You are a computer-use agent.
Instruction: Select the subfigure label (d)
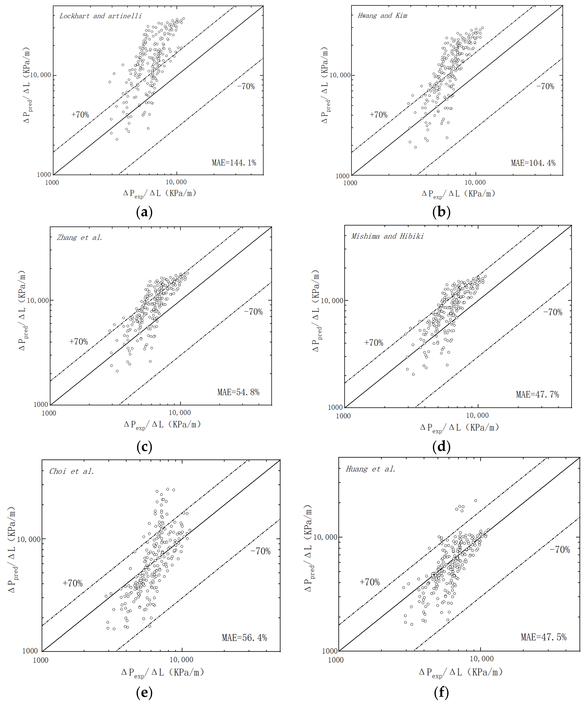coord(441,447)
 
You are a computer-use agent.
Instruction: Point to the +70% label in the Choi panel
coord(73,583)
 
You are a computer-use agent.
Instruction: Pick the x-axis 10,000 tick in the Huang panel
coord(481,659)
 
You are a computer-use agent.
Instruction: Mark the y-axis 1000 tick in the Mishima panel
coord(335,407)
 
